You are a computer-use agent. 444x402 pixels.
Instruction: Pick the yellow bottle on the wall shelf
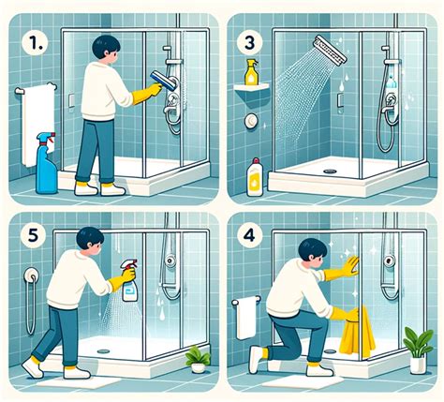click(x=252, y=73)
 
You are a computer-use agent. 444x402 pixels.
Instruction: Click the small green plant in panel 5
click(x=197, y=356)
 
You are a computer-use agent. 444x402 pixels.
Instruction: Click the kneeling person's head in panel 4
click(x=310, y=252)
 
